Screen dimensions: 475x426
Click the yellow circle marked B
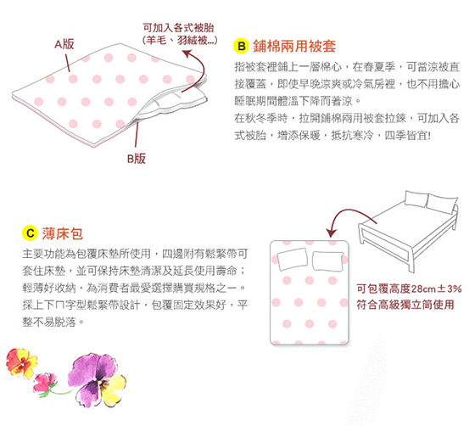point(241,46)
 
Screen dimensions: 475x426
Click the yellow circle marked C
point(30,233)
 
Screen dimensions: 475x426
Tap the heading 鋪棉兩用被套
point(294,46)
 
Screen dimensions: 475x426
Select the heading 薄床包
point(63,233)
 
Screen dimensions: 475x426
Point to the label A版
point(64,44)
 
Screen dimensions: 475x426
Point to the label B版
point(137,159)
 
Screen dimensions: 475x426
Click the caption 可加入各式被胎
point(179,28)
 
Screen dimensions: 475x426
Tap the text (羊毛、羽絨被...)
point(180,40)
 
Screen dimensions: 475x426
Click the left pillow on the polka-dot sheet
point(293,259)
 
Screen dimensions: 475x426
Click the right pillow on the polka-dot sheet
point(327,261)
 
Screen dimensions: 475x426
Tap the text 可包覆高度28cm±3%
point(409,289)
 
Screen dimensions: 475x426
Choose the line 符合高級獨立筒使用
point(405,305)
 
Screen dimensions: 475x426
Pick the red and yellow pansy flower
point(21,362)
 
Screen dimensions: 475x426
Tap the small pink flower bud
point(45,383)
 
